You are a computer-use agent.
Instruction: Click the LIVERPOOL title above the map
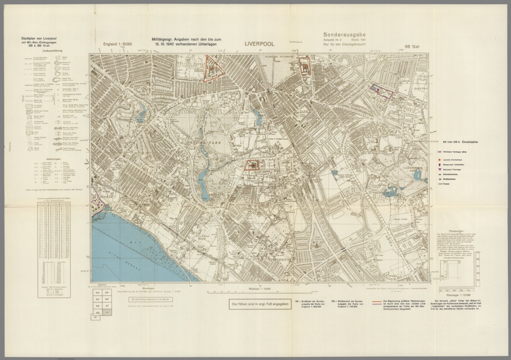coord(259,44)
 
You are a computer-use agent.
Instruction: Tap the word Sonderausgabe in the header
coord(344,34)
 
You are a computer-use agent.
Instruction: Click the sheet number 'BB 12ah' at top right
coord(412,47)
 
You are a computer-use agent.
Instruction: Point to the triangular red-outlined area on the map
coord(212,68)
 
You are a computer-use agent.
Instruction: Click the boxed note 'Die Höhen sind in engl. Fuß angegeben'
coord(260,304)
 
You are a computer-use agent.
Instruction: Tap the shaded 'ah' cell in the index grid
coord(107,312)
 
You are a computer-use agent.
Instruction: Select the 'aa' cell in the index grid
coord(97,292)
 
